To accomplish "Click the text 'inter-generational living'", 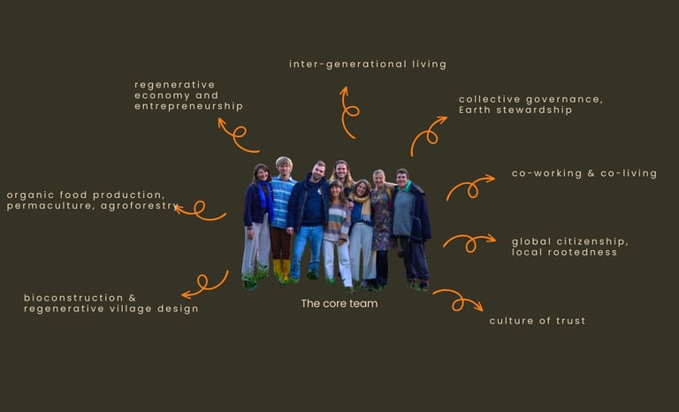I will click(367, 65).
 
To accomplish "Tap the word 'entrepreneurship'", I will click(188, 106).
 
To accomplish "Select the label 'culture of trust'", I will click(537, 321).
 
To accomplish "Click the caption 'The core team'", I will click(339, 304).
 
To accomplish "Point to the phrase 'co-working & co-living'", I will click(584, 174).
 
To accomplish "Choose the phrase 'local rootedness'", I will click(564, 253).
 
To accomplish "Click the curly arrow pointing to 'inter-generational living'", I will click(347, 112).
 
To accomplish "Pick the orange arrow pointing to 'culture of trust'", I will click(458, 301).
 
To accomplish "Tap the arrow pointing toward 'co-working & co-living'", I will click(469, 187).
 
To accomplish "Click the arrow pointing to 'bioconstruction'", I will click(204, 285).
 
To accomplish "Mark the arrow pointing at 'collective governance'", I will click(428, 135).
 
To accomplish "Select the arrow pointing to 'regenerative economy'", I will click(236, 134).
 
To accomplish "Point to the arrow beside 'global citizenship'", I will click(469, 240).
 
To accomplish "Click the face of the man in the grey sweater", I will click(402, 176).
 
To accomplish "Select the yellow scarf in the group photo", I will click(362, 208).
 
